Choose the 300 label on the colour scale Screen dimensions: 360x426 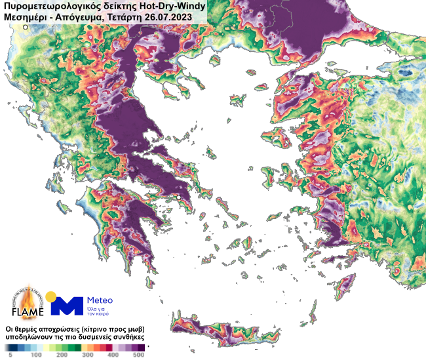tap(87, 355)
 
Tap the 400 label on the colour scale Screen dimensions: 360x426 tap(113, 355)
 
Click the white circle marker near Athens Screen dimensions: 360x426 tap(179, 197)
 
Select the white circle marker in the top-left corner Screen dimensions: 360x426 tap(26, 28)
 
